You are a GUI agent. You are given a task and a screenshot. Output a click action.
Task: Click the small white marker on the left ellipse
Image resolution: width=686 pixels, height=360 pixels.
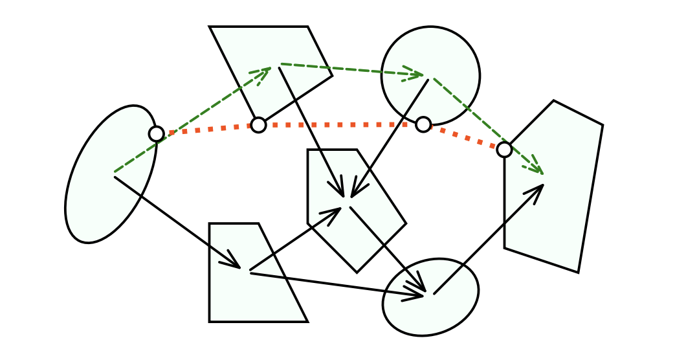(157, 134)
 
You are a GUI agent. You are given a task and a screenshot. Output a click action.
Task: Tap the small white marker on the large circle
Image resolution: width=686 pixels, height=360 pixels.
(423, 124)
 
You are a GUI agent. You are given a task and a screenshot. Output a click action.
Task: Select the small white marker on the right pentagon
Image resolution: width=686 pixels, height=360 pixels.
(504, 150)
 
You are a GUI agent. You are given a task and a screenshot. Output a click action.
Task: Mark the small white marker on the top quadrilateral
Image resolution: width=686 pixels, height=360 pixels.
(258, 125)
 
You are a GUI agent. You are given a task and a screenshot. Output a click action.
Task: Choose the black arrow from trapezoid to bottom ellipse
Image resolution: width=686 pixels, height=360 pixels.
(337, 284)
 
